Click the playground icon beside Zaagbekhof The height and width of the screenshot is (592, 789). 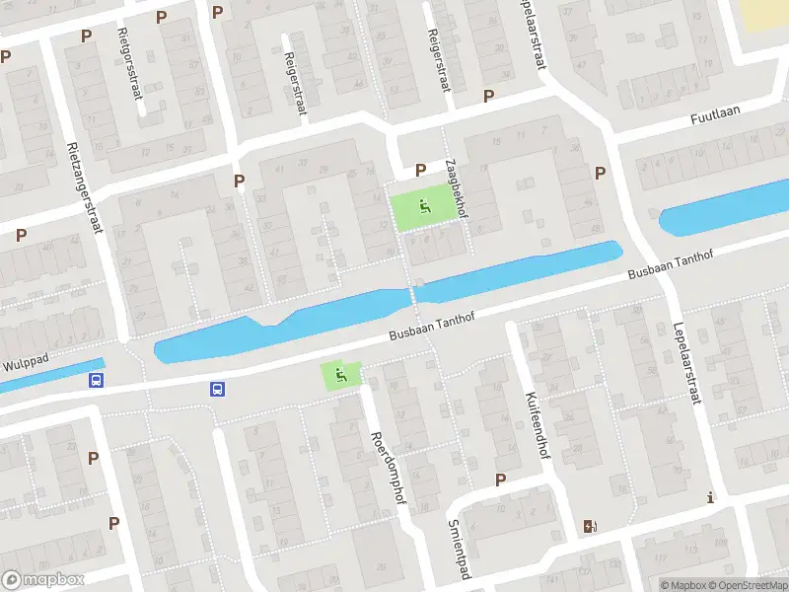(425, 207)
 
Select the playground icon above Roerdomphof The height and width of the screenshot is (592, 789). (340, 374)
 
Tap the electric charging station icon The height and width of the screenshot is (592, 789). (590, 526)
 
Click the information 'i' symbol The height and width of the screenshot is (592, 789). (710, 499)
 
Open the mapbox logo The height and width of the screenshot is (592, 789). (42, 580)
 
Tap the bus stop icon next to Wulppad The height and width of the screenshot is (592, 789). (97, 380)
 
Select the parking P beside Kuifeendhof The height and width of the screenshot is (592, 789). (500, 480)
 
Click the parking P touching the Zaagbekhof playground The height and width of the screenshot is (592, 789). (420, 170)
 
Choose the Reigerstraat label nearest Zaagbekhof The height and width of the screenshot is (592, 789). (437, 60)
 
